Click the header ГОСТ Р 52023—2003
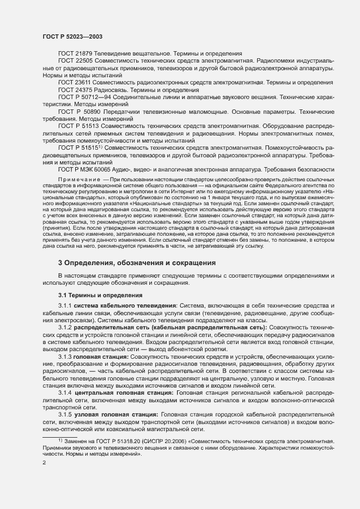[72, 36]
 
